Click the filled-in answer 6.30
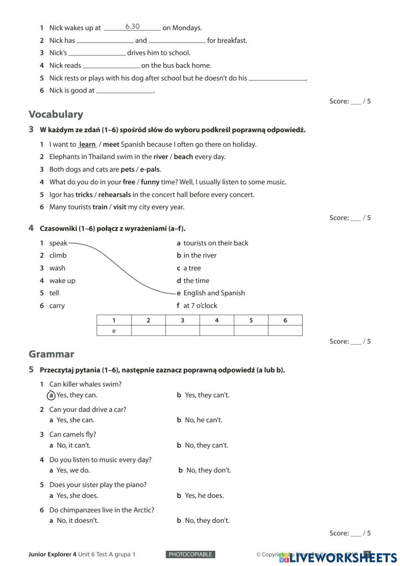[x=132, y=27]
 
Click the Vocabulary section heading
[x=56, y=115]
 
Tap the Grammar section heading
[x=52, y=354]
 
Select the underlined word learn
[x=88, y=145]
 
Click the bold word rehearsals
[x=114, y=195]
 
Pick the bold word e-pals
[x=150, y=169]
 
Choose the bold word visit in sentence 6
[x=120, y=207]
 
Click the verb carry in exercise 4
[x=57, y=306]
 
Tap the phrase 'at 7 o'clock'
[x=200, y=306]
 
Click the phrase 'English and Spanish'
[x=214, y=293]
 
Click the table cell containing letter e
[x=114, y=331]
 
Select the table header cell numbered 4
[x=217, y=320]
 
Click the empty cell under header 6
[x=285, y=331]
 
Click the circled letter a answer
[x=51, y=395]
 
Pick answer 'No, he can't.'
[x=203, y=420]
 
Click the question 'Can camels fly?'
[x=72, y=435]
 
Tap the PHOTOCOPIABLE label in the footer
[x=190, y=555]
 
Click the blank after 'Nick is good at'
[x=125, y=91]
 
